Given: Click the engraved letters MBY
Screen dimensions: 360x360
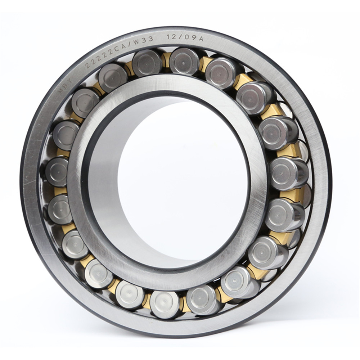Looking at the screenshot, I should point(65,85).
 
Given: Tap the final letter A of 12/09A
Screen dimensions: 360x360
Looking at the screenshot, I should point(200,39).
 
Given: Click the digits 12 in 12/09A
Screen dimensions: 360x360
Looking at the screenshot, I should point(171,37).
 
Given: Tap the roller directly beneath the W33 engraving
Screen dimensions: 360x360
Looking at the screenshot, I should point(147,63).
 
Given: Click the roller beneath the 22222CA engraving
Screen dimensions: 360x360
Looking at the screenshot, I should point(112,77).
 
